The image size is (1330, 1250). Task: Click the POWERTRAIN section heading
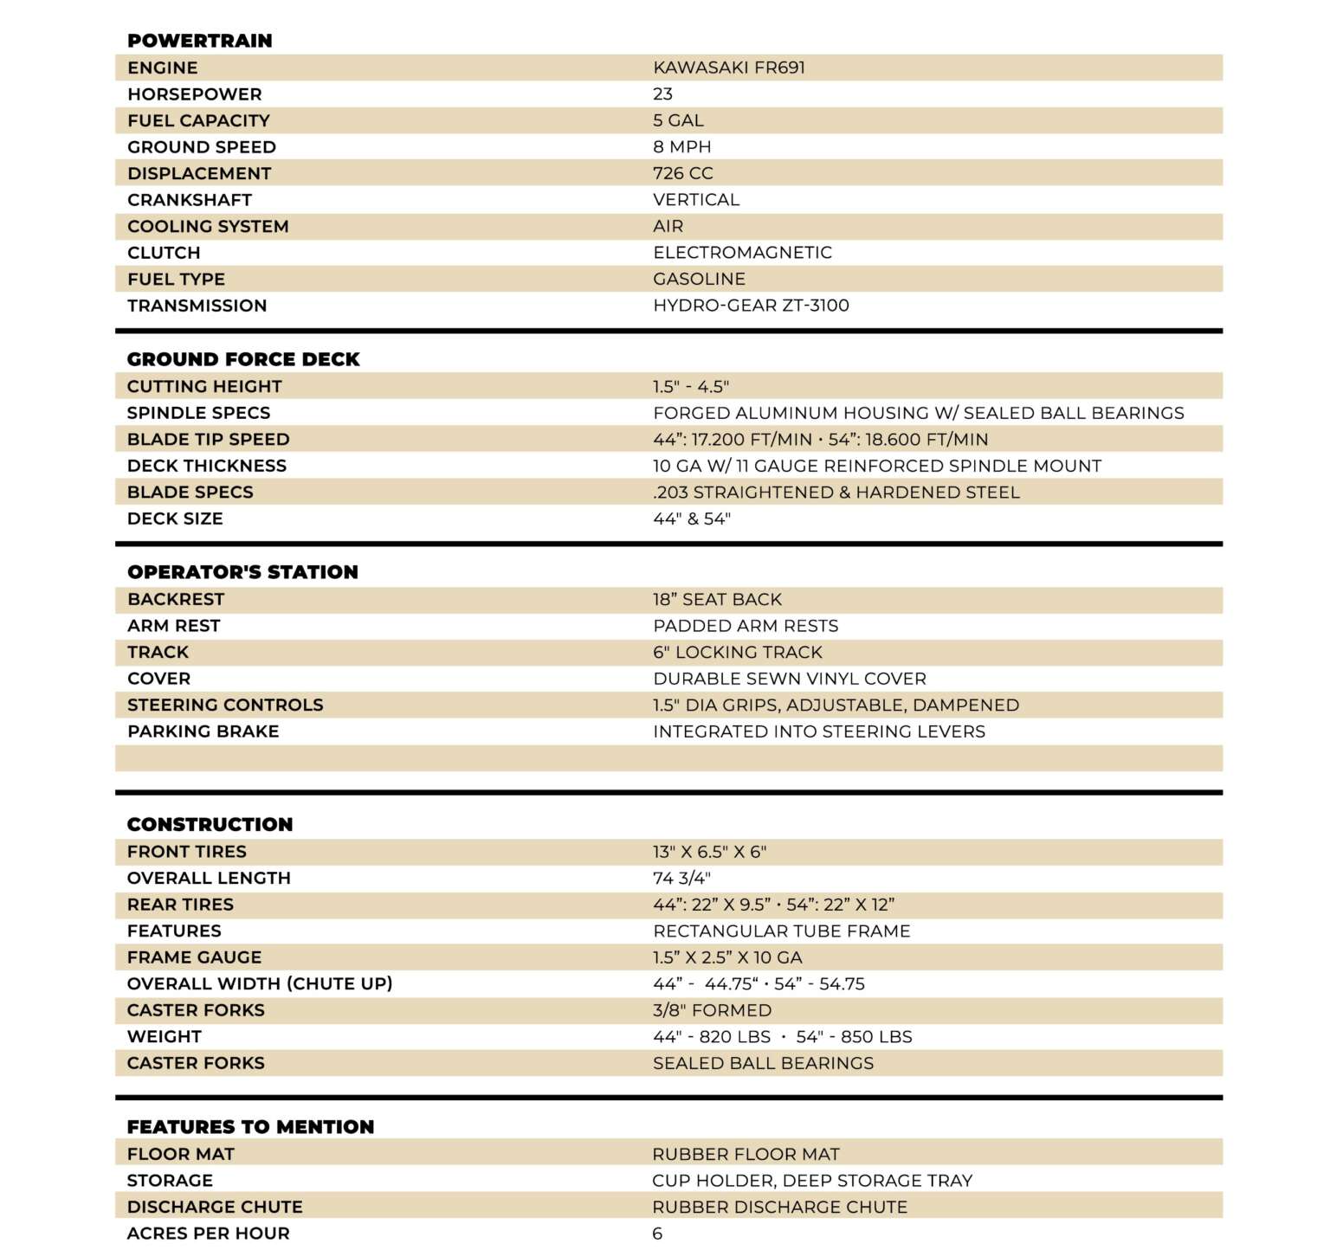tap(199, 41)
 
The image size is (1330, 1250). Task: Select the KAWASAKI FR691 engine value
tap(729, 68)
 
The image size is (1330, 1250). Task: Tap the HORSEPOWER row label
tap(194, 94)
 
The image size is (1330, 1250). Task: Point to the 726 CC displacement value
tap(683, 173)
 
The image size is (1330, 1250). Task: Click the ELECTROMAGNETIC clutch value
tap(742, 253)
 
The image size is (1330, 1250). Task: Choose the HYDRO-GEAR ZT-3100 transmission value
tap(751, 306)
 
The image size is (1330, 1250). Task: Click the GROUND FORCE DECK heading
tap(243, 359)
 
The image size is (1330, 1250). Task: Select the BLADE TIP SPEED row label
tap(208, 440)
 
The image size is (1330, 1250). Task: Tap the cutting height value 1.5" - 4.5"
tap(691, 387)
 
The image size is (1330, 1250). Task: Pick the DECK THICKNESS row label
tap(206, 466)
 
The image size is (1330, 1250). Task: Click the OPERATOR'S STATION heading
tap(242, 572)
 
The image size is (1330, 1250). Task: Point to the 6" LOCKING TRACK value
tap(738, 653)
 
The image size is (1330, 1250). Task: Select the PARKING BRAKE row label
tap(203, 731)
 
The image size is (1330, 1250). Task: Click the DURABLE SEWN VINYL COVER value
tap(790, 679)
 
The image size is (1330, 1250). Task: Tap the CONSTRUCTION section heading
tap(210, 824)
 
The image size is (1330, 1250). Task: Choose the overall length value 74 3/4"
tap(681, 879)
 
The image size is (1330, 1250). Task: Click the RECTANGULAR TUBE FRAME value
tap(782, 931)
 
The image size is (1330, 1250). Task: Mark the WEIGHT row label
tap(164, 1037)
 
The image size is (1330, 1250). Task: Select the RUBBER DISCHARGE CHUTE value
tap(779, 1207)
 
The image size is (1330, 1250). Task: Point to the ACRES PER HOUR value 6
tap(657, 1234)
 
